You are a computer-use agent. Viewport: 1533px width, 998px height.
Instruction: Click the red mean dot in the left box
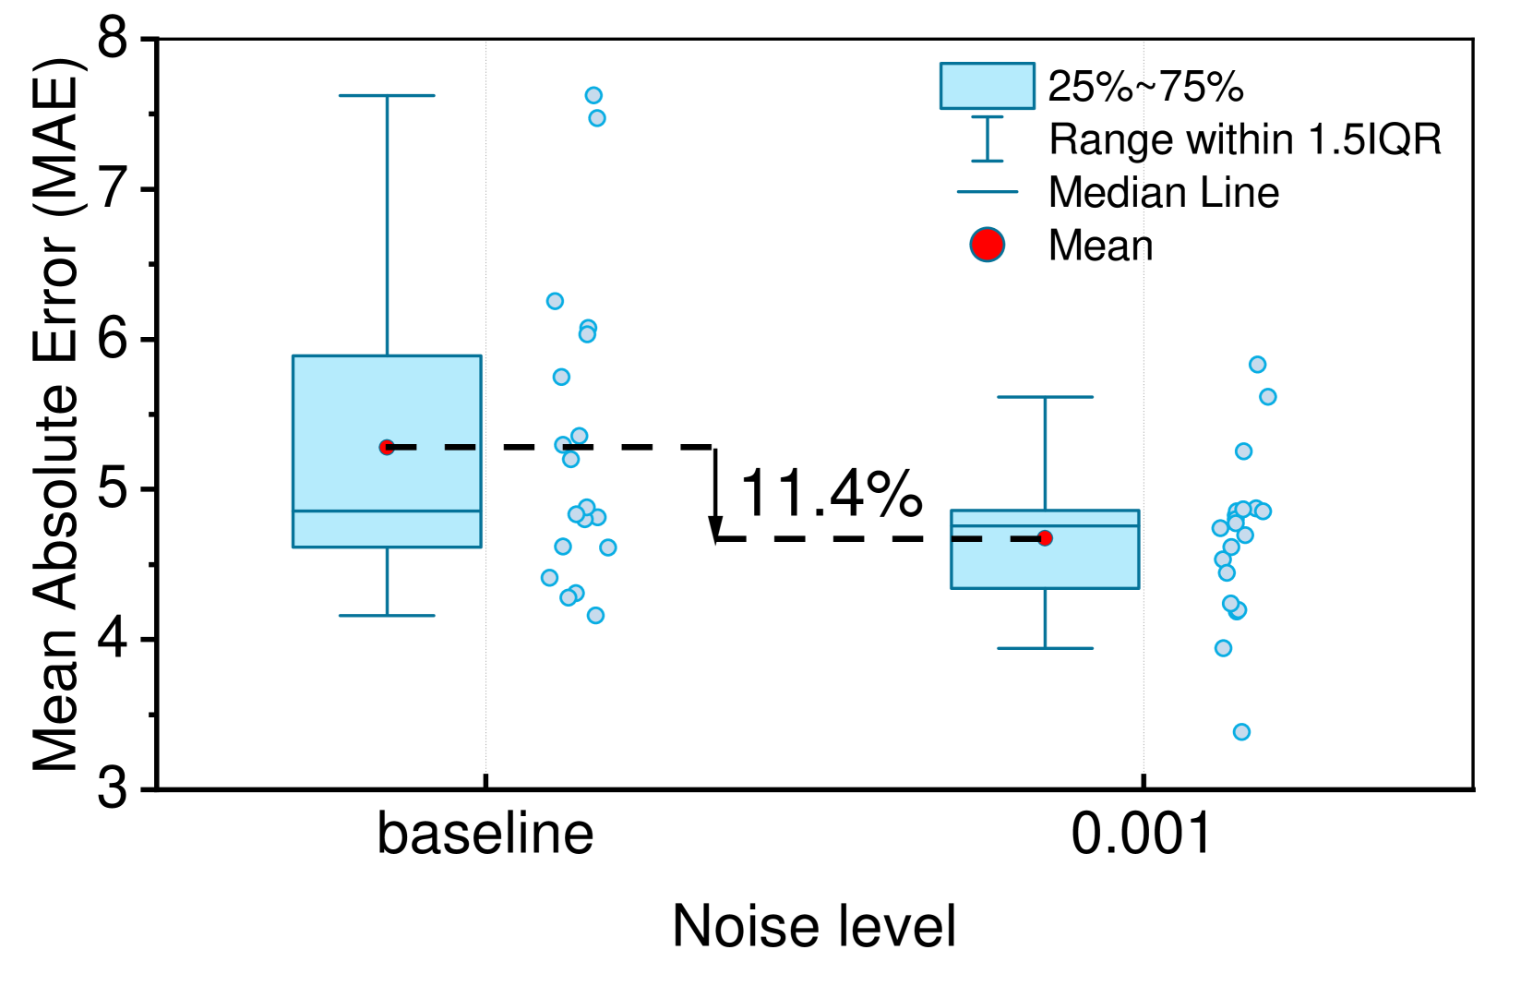point(387,447)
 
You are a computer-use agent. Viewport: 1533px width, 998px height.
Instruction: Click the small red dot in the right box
point(1045,538)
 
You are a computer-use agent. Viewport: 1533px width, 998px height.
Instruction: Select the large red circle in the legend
point(987,245)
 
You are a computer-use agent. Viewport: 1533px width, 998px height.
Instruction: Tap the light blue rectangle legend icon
point(987,86)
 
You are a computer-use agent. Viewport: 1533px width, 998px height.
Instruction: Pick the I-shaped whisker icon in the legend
point(987,139)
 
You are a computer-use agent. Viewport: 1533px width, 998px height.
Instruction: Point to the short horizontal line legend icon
point(987,192)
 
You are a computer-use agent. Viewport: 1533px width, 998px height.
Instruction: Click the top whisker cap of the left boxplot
point(387,95)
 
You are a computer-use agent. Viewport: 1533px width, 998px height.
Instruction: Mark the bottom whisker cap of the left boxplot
point(387,616)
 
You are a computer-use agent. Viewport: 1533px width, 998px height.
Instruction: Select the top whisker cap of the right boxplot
point(1045,397)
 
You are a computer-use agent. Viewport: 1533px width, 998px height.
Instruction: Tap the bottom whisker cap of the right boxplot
point(1045,648)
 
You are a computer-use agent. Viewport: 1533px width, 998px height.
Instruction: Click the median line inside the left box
point(387,511)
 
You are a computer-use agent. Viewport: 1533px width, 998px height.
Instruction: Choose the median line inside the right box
point(1045,525)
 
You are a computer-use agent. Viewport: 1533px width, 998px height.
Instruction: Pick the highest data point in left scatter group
point(593,95)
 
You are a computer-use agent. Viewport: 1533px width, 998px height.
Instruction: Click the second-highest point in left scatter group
point(597,118)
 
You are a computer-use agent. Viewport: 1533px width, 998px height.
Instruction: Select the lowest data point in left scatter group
point(595,616)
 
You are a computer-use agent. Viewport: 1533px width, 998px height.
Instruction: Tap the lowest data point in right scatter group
point(1241,732)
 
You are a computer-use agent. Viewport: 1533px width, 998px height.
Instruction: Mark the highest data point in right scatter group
point(1257,365)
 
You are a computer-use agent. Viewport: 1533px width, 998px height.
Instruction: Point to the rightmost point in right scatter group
point(1267,397)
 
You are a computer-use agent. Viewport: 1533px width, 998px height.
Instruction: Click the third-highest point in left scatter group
point(555,301)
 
